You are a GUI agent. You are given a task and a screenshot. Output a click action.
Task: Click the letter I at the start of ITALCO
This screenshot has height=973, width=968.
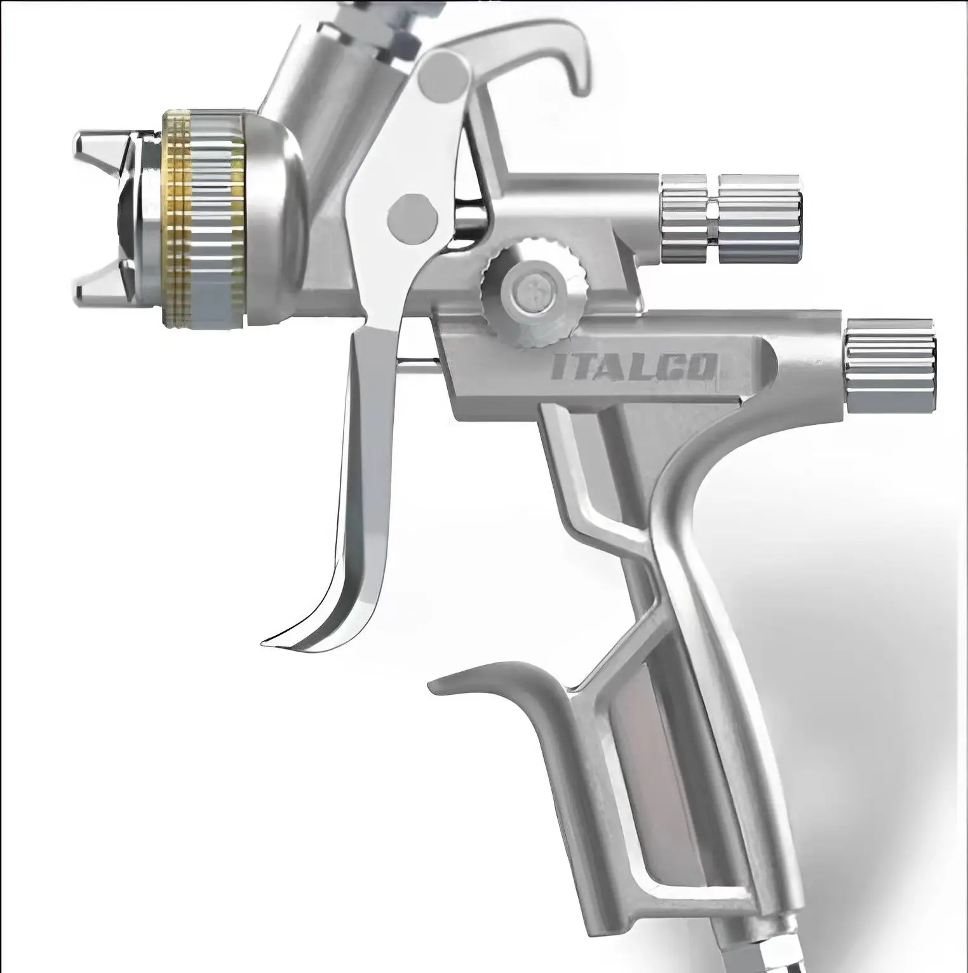560,368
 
